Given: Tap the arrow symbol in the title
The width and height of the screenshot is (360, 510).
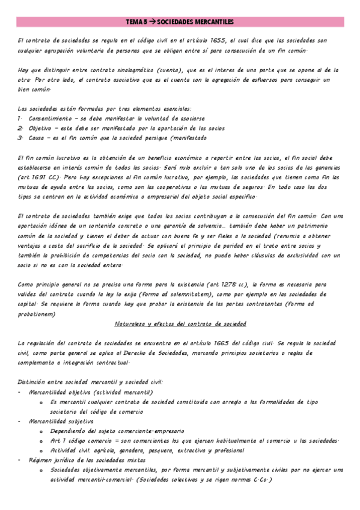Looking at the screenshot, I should click(152, 22).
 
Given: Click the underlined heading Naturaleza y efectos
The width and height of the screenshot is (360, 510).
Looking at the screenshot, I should click(180, 324).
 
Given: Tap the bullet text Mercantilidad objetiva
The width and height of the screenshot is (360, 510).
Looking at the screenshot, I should click(61, 392).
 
